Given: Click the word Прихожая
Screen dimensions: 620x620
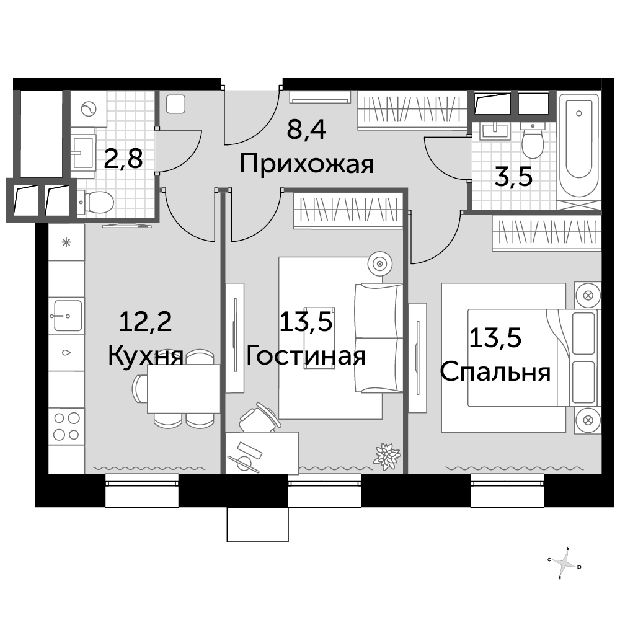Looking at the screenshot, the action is (x=306, y=164).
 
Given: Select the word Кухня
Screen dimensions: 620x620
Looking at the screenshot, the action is (x=146, y=355).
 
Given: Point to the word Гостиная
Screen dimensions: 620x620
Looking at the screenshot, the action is (x=306, y=355).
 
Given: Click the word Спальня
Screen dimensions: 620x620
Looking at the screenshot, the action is (x=495, y=372).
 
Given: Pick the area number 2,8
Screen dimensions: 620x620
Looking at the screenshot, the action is (x=123, y=158).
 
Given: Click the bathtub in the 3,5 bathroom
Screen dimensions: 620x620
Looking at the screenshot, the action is (x=579, y=144).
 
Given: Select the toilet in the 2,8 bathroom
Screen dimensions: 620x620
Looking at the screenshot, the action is (x=95, y=202).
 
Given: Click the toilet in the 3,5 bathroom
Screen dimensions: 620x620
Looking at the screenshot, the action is (x=533, y=141).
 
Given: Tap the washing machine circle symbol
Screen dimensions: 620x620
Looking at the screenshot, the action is (x=89, y=108).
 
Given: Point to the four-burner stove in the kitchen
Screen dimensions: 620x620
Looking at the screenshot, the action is (x=66, y=427).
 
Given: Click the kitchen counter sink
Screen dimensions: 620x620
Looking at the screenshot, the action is (x=66, y=316).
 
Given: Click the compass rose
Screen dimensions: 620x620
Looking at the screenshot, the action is (x=565, y=563).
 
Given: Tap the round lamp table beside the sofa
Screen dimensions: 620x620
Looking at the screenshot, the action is (x=380, y=263).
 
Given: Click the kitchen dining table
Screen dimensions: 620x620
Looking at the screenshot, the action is (x=184, y=389).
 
